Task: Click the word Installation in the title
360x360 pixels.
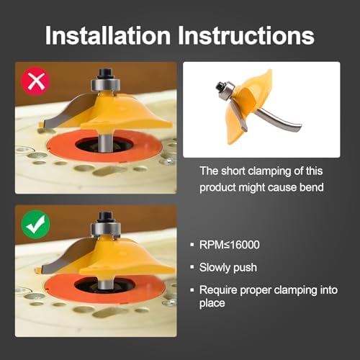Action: click(108, 35)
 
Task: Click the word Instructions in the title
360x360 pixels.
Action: click(246, 35)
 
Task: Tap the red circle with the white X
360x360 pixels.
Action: click(35, 81)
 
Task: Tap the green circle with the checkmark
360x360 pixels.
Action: click(35, 224)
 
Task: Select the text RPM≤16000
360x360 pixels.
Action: click(230, 245)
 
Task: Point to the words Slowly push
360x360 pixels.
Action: click(228, 267)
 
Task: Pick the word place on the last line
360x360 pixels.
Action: click(212, 303)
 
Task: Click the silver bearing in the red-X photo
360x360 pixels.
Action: click(106, 84)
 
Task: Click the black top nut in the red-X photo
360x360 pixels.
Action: click(105, 73)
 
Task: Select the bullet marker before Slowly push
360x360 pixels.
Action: click(192, 267)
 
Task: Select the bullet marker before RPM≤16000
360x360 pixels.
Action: click(192, 245)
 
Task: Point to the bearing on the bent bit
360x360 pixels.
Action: click(227, 91)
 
